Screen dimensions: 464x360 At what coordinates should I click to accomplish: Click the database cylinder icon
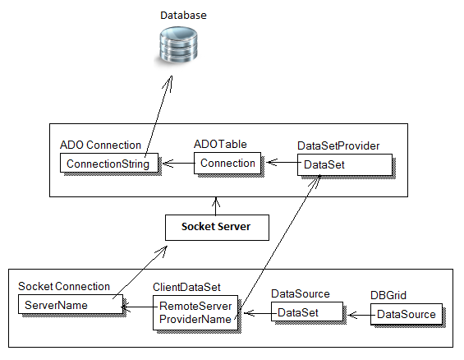click(178, 44)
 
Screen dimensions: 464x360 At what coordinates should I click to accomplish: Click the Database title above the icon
click(183, 16)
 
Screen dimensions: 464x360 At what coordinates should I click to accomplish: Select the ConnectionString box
click(109, 163)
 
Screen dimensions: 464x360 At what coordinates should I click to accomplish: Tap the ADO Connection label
click(100, 145)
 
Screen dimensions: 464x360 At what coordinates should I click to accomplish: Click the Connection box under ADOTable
click(227, 163)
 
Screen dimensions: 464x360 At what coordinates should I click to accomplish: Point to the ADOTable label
click(220, 144)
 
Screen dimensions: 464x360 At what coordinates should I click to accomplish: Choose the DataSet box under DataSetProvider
click(345, 164)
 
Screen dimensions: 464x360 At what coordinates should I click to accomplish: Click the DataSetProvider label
click(338, 145)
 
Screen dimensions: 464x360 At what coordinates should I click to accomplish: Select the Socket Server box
click(217, 228)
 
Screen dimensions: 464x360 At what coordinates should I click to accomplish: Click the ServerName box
click(71, 304)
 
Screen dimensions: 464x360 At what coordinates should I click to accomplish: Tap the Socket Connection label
click(64, 286)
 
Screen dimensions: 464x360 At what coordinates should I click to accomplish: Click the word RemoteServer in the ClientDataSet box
click(195, 306)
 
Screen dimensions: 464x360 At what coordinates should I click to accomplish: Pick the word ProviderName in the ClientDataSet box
click(195, 319)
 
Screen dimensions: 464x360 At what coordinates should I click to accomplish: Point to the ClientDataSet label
click(186, 287)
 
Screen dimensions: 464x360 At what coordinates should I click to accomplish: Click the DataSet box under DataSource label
click(307, 312)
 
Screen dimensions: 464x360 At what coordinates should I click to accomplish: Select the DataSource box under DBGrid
click(407, 314)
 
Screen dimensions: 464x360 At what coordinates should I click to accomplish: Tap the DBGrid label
click(388, 295)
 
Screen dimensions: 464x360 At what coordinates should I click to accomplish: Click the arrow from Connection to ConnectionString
click(178, 163)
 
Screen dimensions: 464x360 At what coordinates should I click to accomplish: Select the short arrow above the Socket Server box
click(216, 206)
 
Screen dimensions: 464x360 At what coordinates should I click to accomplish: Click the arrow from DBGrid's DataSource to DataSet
click(359, 315)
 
